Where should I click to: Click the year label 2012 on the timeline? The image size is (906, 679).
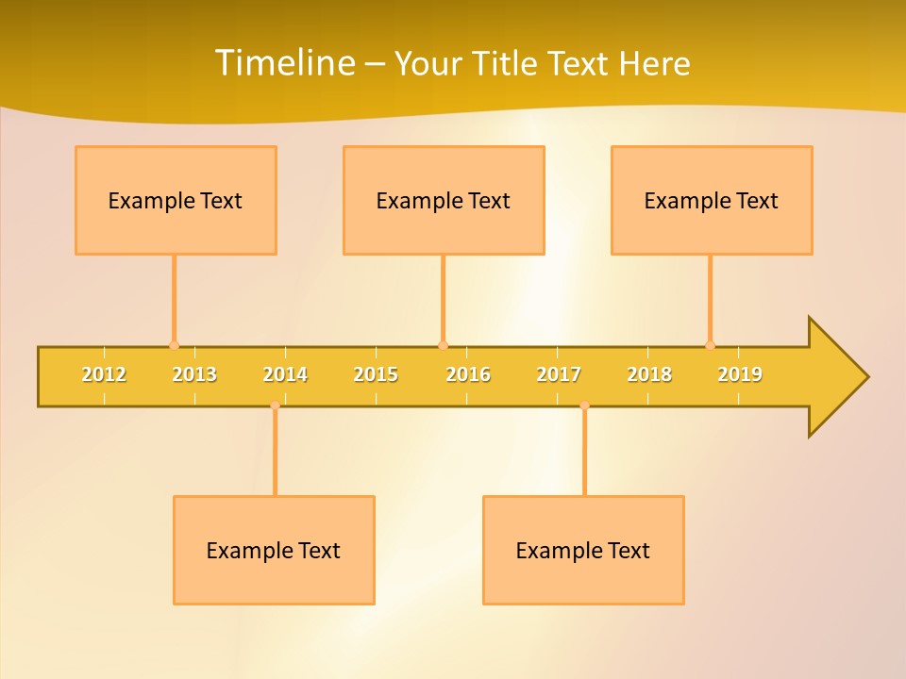(x=104, y=374)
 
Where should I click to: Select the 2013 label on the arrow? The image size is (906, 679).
(x=194, y=374)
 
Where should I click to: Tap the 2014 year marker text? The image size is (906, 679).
(x=285, y=374)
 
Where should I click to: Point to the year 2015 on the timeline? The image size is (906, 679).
(x=376, y=374)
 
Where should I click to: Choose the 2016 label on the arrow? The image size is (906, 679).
(x=467, y=374)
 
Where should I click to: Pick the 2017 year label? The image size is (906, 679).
(x=559, y=374)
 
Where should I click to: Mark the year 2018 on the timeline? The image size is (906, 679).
(x=649, y=374)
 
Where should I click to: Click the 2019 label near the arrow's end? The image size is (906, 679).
(x=740, y=374)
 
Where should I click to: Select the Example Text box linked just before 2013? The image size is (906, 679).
(x=176, y=200)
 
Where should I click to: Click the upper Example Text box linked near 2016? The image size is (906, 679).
(x=444, y=200)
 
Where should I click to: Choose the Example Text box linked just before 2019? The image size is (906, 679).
(x=712, y=200)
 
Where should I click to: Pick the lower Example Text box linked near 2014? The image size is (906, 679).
(x=274, y=550)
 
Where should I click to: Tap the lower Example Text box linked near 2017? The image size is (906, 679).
(x=583, y=550)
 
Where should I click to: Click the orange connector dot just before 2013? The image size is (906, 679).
(x=174, y=345)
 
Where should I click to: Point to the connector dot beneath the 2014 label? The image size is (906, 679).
(x=275, y=406)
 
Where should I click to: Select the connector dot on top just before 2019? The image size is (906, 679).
(x=710, y=345)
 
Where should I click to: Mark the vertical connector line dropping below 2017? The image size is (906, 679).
(x=584, y=451)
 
